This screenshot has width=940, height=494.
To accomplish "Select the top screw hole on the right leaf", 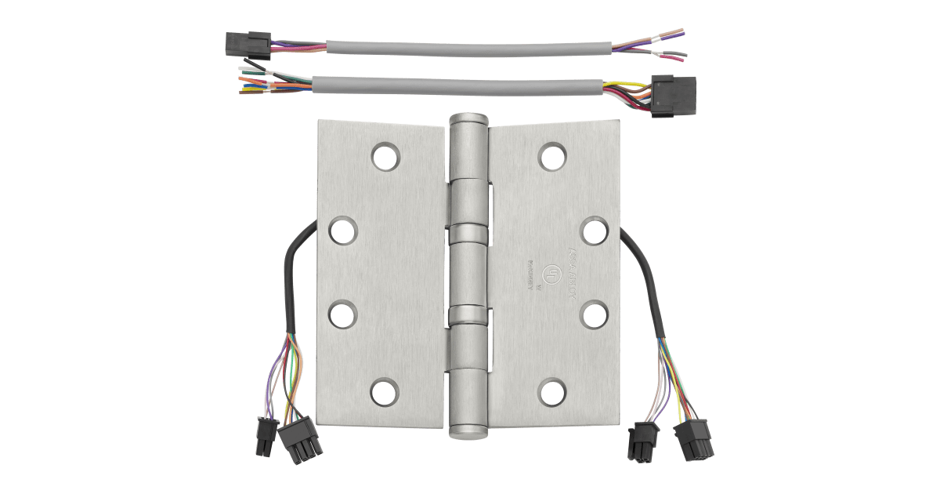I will pyautogui.click(x=551, y=156).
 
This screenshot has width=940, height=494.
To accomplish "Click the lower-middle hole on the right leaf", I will pyautogui.click(x=595, y=315).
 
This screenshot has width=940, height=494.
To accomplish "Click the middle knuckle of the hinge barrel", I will pyautogui.click(x=468, y=274).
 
